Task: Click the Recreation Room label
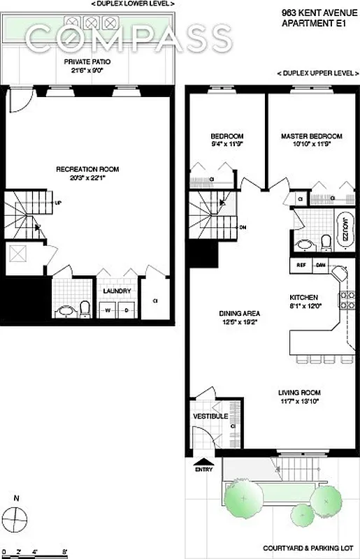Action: [x=88, y=169]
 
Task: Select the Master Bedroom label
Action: [x=311, y=136]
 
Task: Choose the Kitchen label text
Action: [x=305, y=297]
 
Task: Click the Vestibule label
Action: [x=210, y=416]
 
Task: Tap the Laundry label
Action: [x=116, y=291]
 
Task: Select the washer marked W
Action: [x=108, y=309]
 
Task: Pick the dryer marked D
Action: [x=127, y=309]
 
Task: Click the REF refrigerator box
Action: [x=302, y=266]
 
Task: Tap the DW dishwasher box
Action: [x=321, y=266]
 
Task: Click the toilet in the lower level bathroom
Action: [x=83, y=307]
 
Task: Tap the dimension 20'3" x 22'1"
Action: [x=88, y=178]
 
